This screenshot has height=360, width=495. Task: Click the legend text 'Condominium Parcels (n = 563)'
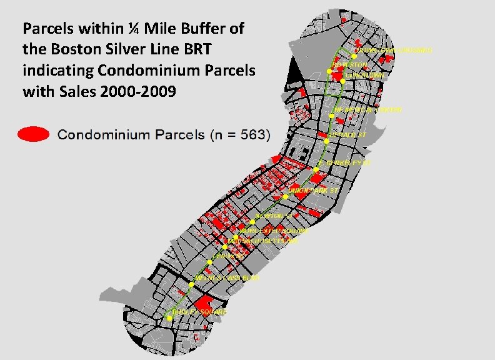(x=164, y=134)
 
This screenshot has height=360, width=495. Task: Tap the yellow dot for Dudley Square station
(x=167, y=317)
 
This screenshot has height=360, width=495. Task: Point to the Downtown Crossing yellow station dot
(x=354, y=56)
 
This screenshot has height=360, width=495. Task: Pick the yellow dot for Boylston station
(x=329, y=71)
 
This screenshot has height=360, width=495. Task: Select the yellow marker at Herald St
(x=326, y=142)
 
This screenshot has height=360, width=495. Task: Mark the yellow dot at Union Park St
(x=285, y=196)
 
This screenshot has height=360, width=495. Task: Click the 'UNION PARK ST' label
(x=312, y=189)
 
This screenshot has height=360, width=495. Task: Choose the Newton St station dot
(x=252, y=221)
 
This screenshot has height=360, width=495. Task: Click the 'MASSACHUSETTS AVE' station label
(x=263, y=241)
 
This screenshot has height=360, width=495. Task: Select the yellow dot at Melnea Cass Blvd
(x=192, y=284)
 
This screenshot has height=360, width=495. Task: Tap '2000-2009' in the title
(x=146, y=91)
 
